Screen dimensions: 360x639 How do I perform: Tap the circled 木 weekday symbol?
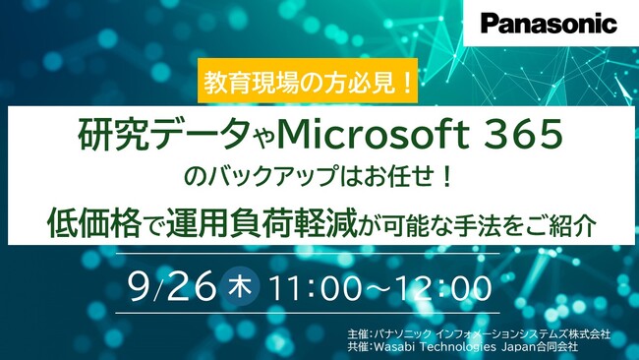coord(240,287)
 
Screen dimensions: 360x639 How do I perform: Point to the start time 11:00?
coord(317,287)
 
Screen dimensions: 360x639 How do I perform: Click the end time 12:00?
coord(443,287)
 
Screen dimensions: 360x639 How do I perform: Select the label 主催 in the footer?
coord(358,335)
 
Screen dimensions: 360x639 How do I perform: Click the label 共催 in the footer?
coord(358,348)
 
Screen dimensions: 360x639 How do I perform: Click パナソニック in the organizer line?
coord(402,335)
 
